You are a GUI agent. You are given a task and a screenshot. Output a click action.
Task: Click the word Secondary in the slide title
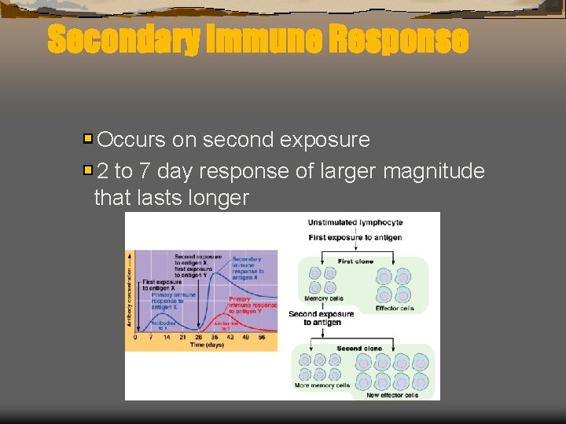tap(122, 39)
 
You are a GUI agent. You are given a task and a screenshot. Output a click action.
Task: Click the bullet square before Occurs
tap(88, 140)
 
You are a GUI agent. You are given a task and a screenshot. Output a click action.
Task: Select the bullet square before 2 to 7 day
tap(88, 170)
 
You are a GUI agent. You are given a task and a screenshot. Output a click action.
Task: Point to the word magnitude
tap(434, 170)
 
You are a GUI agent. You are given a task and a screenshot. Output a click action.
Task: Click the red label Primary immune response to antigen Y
tap(252, 305)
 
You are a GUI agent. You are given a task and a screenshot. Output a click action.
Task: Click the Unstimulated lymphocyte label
tap(355, 222)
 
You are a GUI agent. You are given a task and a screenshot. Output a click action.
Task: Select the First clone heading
tap(355, 261)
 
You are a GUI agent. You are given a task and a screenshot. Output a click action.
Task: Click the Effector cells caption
tap(395, 309)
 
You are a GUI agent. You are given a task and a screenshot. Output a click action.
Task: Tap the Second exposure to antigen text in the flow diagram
tap(321, 318)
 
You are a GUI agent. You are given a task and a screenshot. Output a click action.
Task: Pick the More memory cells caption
tap(321, 386)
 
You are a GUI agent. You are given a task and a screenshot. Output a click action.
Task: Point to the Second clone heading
tap(359, 348)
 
